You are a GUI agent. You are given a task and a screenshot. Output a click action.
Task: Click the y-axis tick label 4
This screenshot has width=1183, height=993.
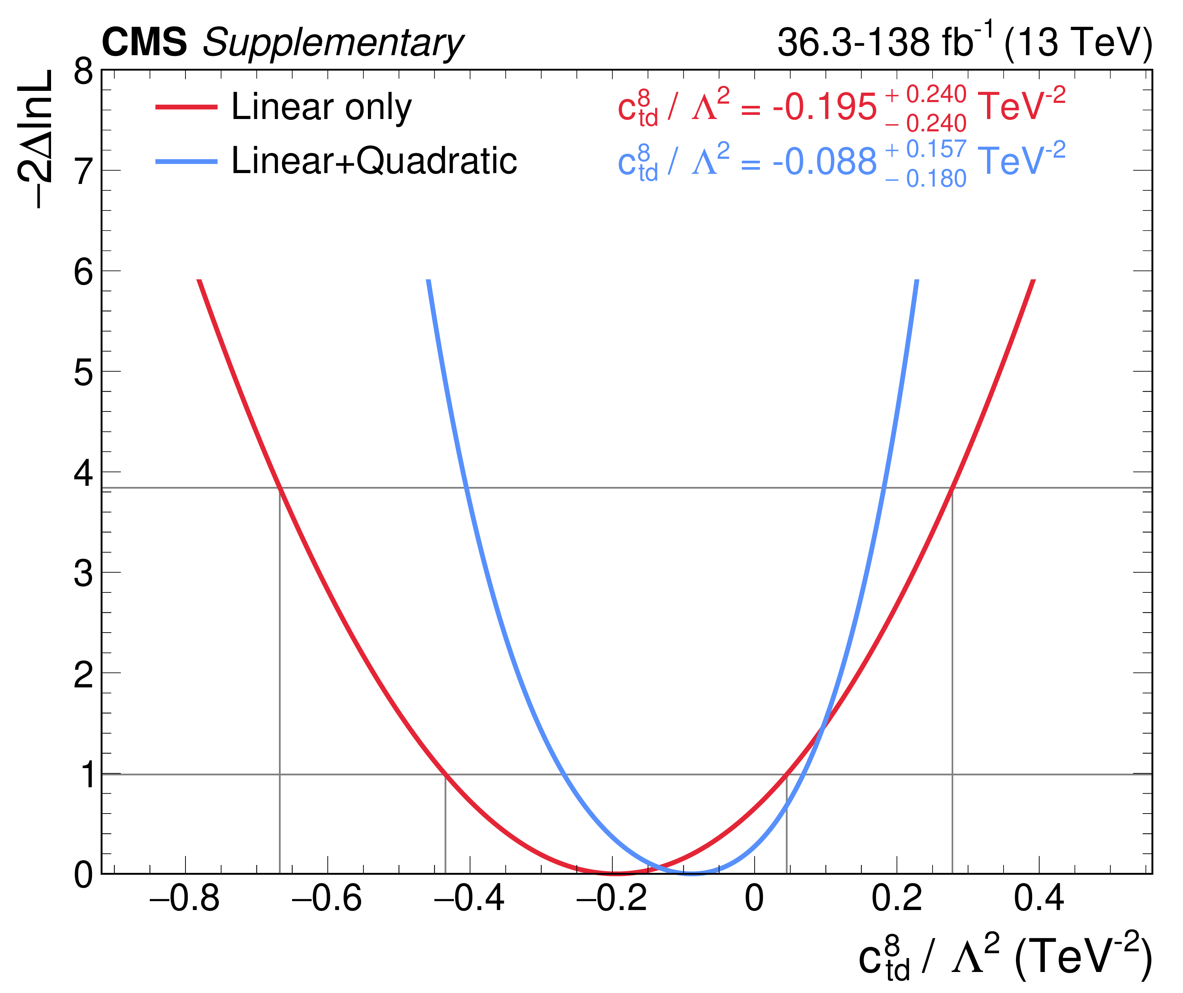[x=83, y=473]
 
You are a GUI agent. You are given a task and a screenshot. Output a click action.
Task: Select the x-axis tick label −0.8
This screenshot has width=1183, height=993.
[x=184, y=898]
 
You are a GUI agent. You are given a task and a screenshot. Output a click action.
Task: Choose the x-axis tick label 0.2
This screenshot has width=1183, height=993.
[x=897, y=898]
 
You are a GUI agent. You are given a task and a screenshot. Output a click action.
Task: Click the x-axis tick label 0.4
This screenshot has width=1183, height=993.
[x=1039, y=898]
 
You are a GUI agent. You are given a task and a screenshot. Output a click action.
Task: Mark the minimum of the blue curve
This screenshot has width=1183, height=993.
[x=692, y=872]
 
